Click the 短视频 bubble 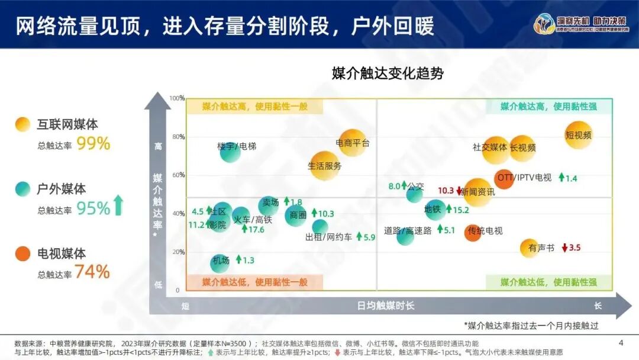[578, 135]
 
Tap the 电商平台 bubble [353, 143]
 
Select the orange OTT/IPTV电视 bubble [504, 179]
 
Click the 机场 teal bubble [220, 262]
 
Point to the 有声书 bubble [530, 248]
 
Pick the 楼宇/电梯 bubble [230, 152]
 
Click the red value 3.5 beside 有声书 [575, 247]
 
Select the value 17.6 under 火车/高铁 [256, 229]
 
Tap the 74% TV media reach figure [93, 272]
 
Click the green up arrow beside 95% [118, 205]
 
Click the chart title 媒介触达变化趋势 [388, 73]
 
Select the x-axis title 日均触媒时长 [386, 306]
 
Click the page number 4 [621, 343]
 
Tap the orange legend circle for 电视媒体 [22, 253]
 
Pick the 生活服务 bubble [325, 166]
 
